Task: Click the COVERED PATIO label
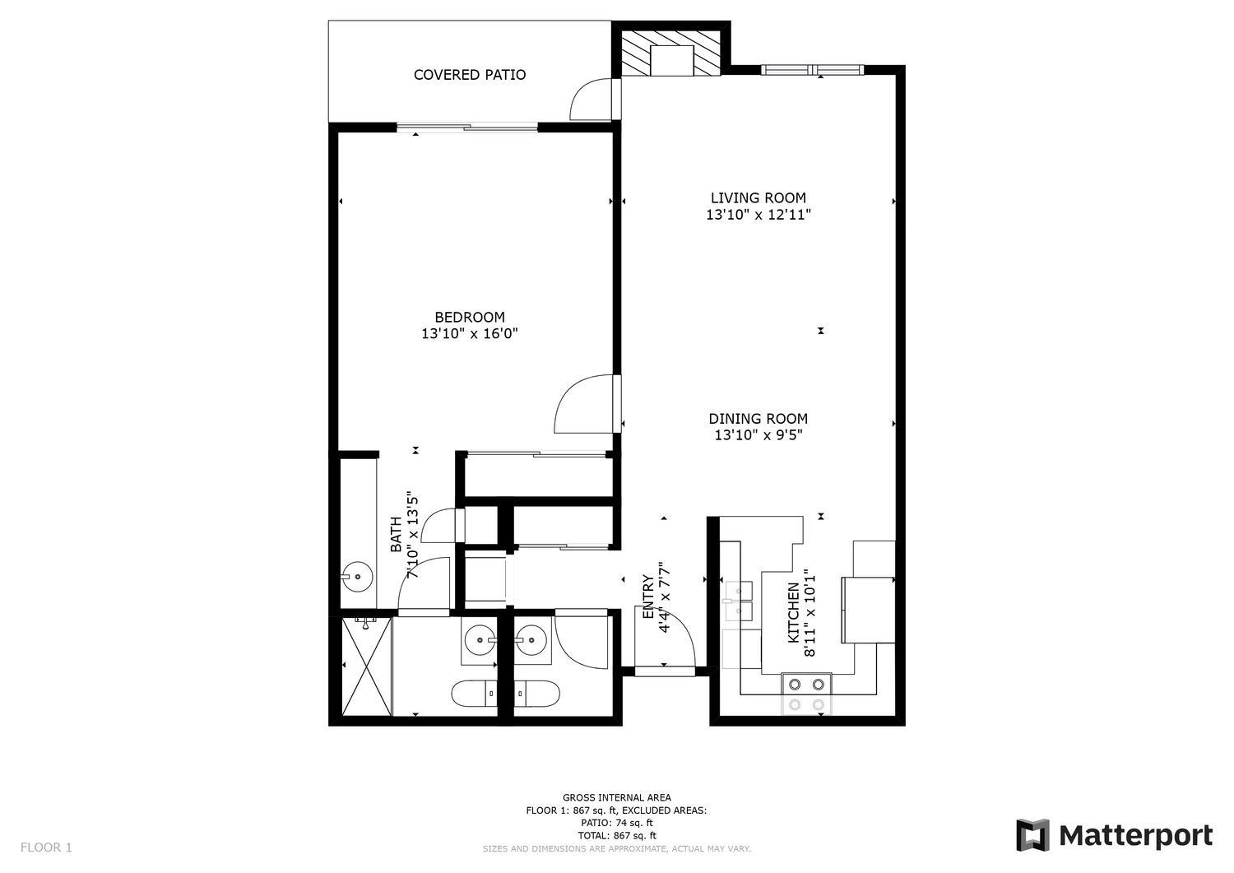[470, 75]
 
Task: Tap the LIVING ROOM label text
[758, 197]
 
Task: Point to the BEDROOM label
[470, 318]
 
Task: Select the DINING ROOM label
[758, 419]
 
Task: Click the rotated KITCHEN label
[794, 612]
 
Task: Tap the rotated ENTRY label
[648, 597]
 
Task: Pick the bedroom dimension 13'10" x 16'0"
[470, 333]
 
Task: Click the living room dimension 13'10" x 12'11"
[758, 215]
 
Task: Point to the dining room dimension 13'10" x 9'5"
[758, 435]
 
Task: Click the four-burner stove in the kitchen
[806, 694]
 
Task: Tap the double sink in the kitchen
[738, 601]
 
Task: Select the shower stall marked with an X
[366, 666]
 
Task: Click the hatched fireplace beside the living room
[671, 53]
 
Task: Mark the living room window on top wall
[813, 69]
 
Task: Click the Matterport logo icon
[1032, 835]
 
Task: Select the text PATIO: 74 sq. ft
[616, 823]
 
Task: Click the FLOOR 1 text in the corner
[46, 847]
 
